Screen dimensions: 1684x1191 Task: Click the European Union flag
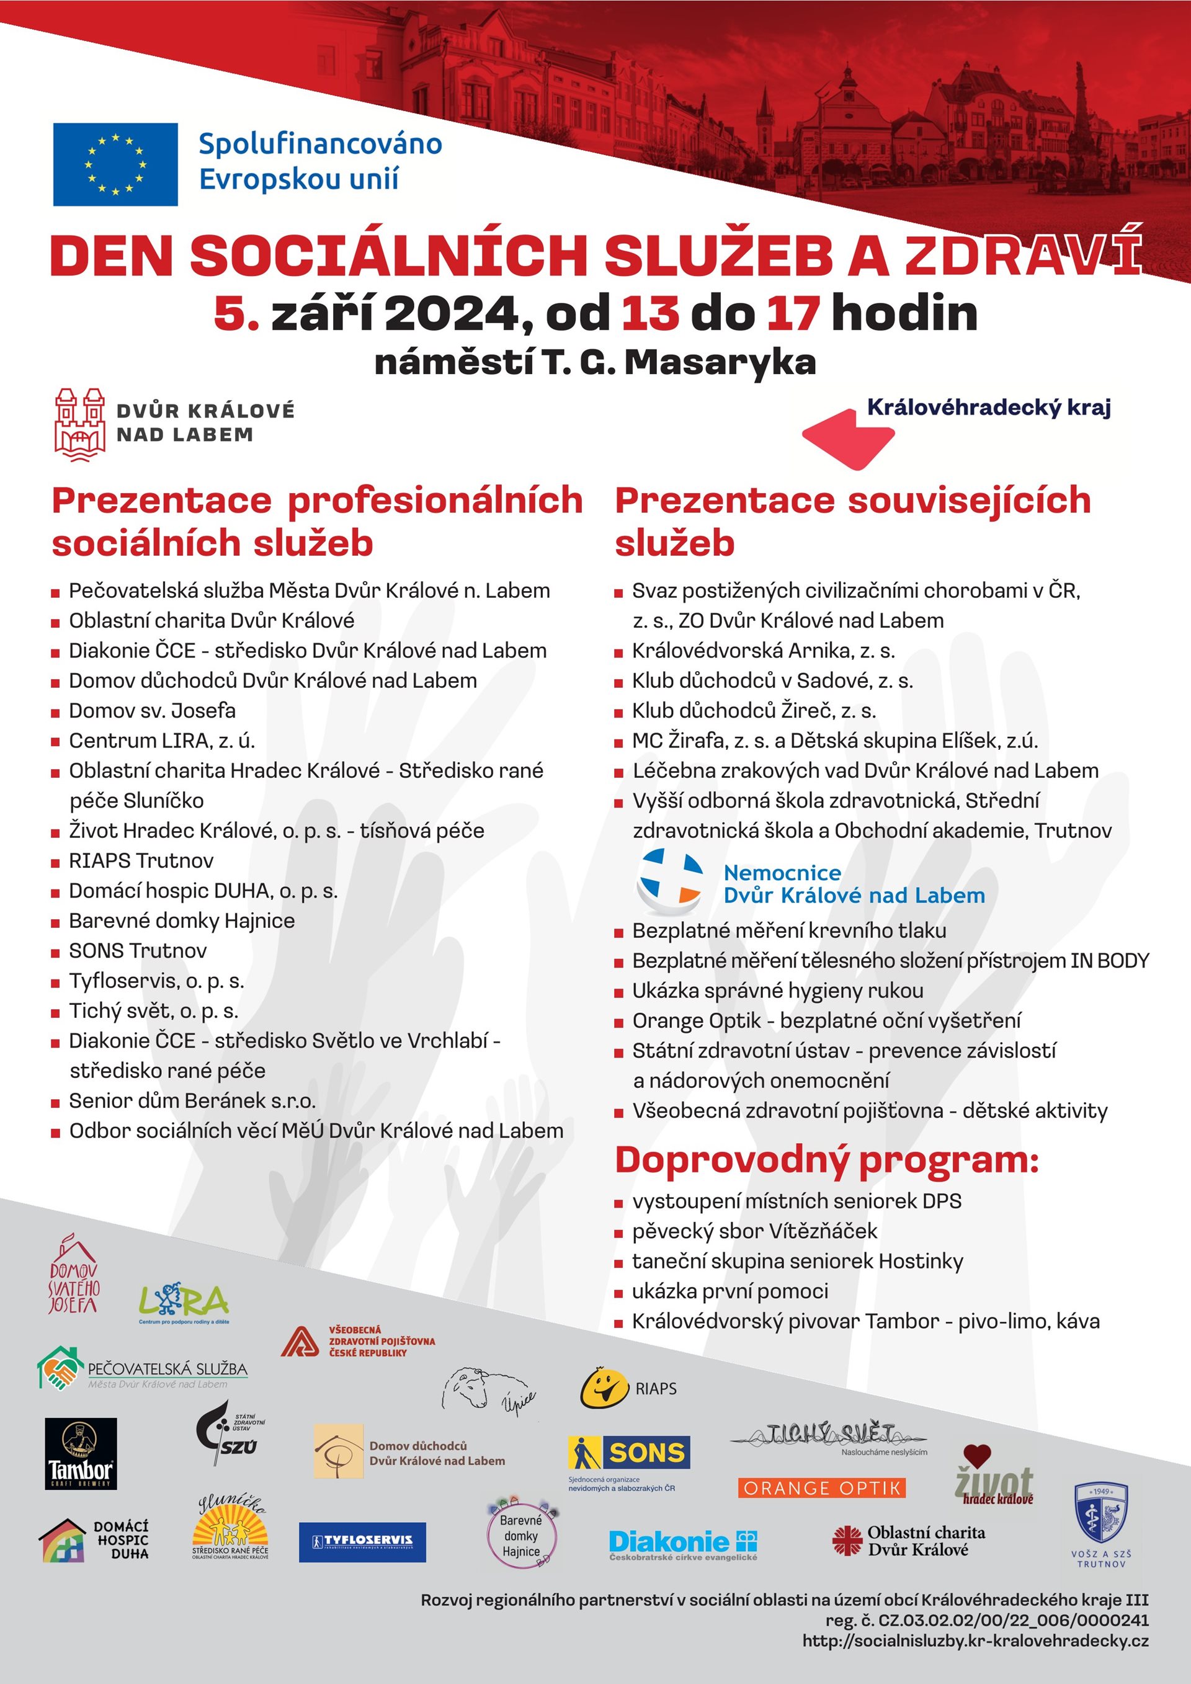[115, 164]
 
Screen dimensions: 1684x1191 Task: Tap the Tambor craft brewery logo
[81, 1453]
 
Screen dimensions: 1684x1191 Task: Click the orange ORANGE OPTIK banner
[821, 1487]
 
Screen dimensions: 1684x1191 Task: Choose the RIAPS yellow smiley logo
[604, 1388]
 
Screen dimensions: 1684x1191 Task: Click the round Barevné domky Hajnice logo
[522, 1535]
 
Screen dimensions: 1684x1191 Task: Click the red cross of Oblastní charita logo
[847, 1540]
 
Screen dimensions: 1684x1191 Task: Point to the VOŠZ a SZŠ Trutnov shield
[1101, 1513]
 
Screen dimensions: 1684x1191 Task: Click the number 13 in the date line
[649, 313]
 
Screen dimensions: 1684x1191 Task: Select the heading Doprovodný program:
[826, 1161]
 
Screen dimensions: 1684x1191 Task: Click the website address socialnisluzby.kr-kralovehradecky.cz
[975, 1641]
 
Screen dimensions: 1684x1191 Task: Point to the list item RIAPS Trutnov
[141, 860]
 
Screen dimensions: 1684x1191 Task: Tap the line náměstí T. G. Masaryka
[595, 362]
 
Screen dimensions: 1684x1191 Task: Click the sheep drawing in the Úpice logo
[468, 1386]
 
